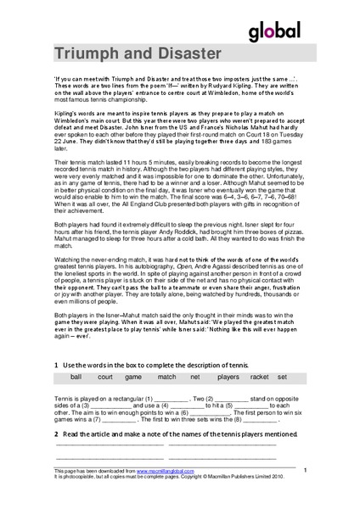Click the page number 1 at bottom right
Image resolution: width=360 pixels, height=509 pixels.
[305, 468]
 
